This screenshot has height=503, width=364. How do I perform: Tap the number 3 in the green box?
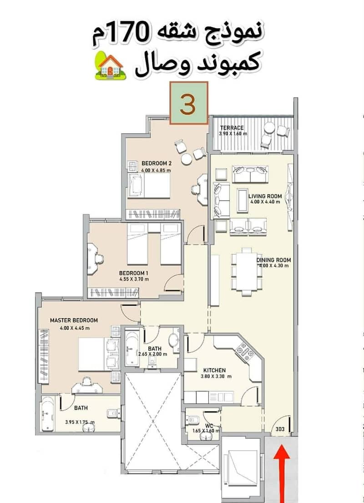pyautogui.click(x=188, y=104)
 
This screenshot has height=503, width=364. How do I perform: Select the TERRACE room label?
pyautogui.click(x=232, y=128)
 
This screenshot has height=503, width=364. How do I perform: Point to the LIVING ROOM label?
pyautogui.click(x=265, y=196)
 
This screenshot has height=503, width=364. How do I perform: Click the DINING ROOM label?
pyautogui.click(x=274, y=260)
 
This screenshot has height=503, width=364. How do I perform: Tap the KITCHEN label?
pyautogui.click(x=214, y=370)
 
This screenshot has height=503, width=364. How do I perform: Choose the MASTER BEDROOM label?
pyautogui.click(x=74, y=320)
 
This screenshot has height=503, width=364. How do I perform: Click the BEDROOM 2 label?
pyautogui.click(x=157, y=163)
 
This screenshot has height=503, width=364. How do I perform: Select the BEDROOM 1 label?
pyautogui.click(x=133, y=273)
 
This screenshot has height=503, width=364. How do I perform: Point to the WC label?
pyautogui.click(x=209, y=426)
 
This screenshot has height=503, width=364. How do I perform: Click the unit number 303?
pyautogui.click(x=280, y=429)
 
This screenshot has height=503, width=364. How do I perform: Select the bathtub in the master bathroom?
pyautogui.click(x=48, y=414)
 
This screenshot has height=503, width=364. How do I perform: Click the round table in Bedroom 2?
pyautogui.click(x=186, y=159)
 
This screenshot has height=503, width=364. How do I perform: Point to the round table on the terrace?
pyautogui.click(x=269, y=128)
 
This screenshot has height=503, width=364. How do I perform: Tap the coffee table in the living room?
pyautogui.click(x=243, y=200)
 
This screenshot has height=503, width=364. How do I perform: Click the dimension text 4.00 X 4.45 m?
pyautogui.click(x=75, y=328)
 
